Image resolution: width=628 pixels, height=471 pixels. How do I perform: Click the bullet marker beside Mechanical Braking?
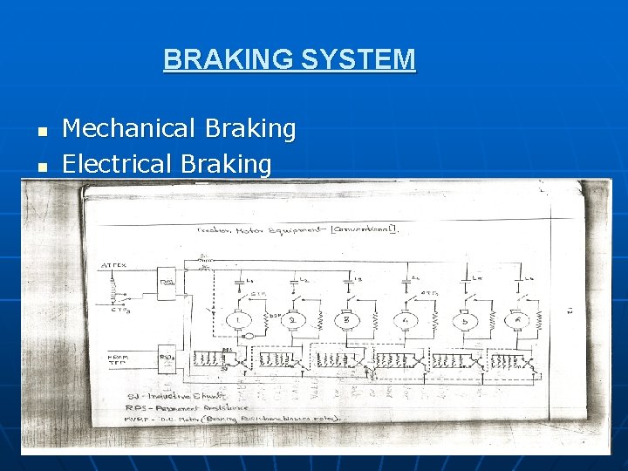40,131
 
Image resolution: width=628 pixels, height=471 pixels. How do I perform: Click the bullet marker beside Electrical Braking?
40,166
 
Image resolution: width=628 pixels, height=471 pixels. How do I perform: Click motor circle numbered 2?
294,319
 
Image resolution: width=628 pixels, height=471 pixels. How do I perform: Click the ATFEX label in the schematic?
113,265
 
